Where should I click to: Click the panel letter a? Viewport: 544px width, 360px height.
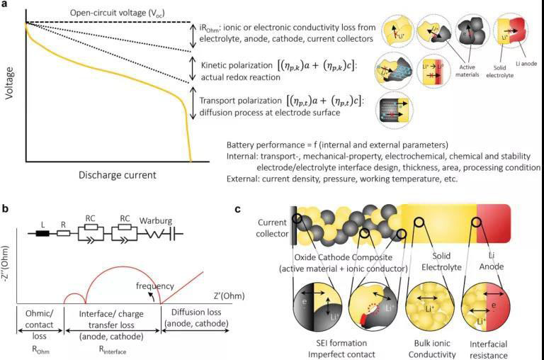pos(6,5)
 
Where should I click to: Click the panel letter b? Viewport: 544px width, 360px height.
pos(6,209)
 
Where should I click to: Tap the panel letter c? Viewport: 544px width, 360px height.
pos(239,210)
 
